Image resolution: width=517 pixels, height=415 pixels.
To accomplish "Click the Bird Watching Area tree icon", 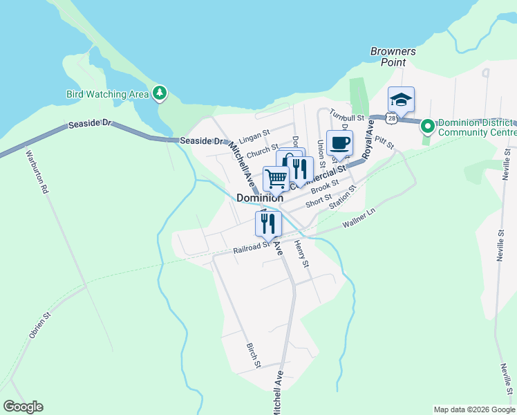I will click(x=160, y=93).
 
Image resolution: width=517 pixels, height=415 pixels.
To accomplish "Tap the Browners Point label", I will click(x=393, y=56).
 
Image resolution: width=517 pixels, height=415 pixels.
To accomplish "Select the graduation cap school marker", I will click(x=401, y=100).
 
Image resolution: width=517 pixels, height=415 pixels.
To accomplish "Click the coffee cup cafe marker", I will click(x=339, y=143).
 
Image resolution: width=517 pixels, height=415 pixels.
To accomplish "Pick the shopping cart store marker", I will click(x=276, y=179).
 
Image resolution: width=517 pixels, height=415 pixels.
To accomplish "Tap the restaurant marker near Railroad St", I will click(x=268, y=224).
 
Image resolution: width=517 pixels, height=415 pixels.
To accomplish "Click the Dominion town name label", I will click(x=260, y=198).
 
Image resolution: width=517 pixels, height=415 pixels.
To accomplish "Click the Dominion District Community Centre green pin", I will click(x=427, y=126).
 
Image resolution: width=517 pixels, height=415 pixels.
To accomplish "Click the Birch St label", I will click(x=253, y=354).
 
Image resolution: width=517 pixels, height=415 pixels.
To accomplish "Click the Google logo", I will click(x=23, y=407).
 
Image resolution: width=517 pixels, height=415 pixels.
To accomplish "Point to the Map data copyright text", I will click(x=475, y=409).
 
